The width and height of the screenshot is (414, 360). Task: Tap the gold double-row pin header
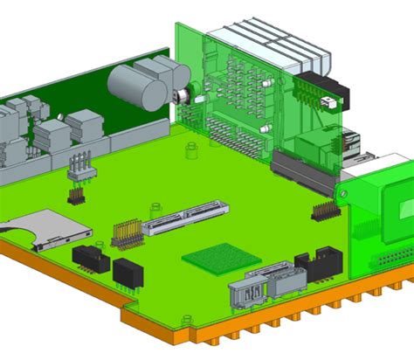point(127,232)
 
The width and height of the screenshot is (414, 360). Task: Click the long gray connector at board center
point(185,218)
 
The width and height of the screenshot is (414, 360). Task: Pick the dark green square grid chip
point(222,258)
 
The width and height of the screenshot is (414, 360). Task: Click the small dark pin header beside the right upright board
point(325,210)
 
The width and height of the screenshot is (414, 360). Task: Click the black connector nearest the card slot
point(90,258)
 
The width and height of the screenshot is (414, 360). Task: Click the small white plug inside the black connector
point(328,102)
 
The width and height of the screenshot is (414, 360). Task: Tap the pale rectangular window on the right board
point(404,209)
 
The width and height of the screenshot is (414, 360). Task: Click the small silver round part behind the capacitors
point(183,97)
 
